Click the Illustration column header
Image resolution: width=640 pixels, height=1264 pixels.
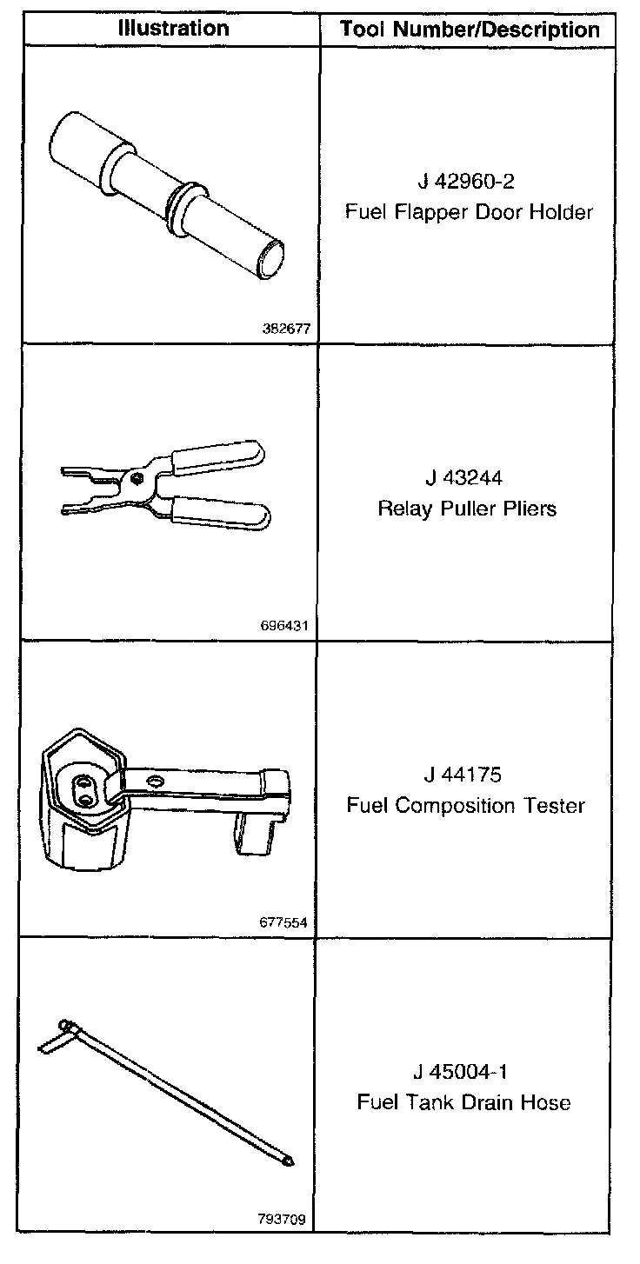[x=174, y=28]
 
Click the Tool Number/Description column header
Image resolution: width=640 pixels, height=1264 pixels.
[x=470, y=30]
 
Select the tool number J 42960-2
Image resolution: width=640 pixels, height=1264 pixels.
[x=468, y=183]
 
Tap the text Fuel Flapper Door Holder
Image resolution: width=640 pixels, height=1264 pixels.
[x=468, y=212]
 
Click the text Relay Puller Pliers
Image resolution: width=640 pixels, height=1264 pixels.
[x=467, y=509]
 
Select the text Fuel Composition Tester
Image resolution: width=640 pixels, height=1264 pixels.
[x=467, y=805]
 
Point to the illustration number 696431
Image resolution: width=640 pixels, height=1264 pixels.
[x=285, y=626]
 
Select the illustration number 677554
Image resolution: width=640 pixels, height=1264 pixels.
[x=285, y=922]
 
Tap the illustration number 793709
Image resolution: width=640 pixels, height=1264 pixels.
[x=283, y=1218]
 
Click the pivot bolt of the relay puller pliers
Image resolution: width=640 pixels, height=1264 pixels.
[x=136, y=477]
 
